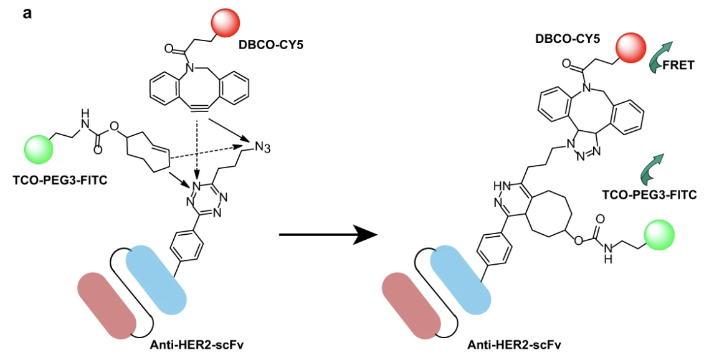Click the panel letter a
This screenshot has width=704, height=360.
coord(27,13)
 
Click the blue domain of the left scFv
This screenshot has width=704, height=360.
coord(156,277)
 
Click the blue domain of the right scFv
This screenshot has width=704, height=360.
coord(460,277)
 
